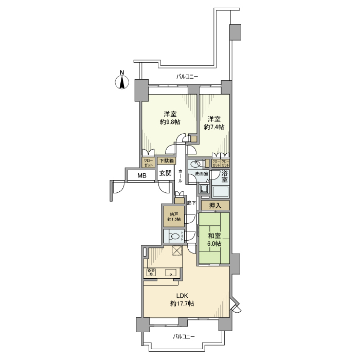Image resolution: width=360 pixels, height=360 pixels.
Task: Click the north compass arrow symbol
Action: pos(122,81)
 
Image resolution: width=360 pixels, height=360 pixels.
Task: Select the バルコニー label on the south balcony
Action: pos(184,336)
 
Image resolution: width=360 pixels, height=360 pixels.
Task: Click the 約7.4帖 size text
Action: pos(214,127)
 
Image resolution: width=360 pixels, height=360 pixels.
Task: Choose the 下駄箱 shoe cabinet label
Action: pos(166,160)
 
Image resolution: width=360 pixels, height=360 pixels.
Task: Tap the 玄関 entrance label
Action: pos(165,173)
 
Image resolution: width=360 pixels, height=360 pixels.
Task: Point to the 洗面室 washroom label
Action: pos(201,174)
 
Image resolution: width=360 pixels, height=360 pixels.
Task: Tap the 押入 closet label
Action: pos(215,206)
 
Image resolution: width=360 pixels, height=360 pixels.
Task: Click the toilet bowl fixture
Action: pos(175,237)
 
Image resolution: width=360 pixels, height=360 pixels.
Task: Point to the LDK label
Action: pos(182,296)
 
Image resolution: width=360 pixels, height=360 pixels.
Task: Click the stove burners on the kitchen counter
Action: pos(151,273)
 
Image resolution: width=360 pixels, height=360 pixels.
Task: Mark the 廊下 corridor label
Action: pos(190,203)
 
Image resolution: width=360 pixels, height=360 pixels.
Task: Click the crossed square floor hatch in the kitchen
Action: pos(178,251)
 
